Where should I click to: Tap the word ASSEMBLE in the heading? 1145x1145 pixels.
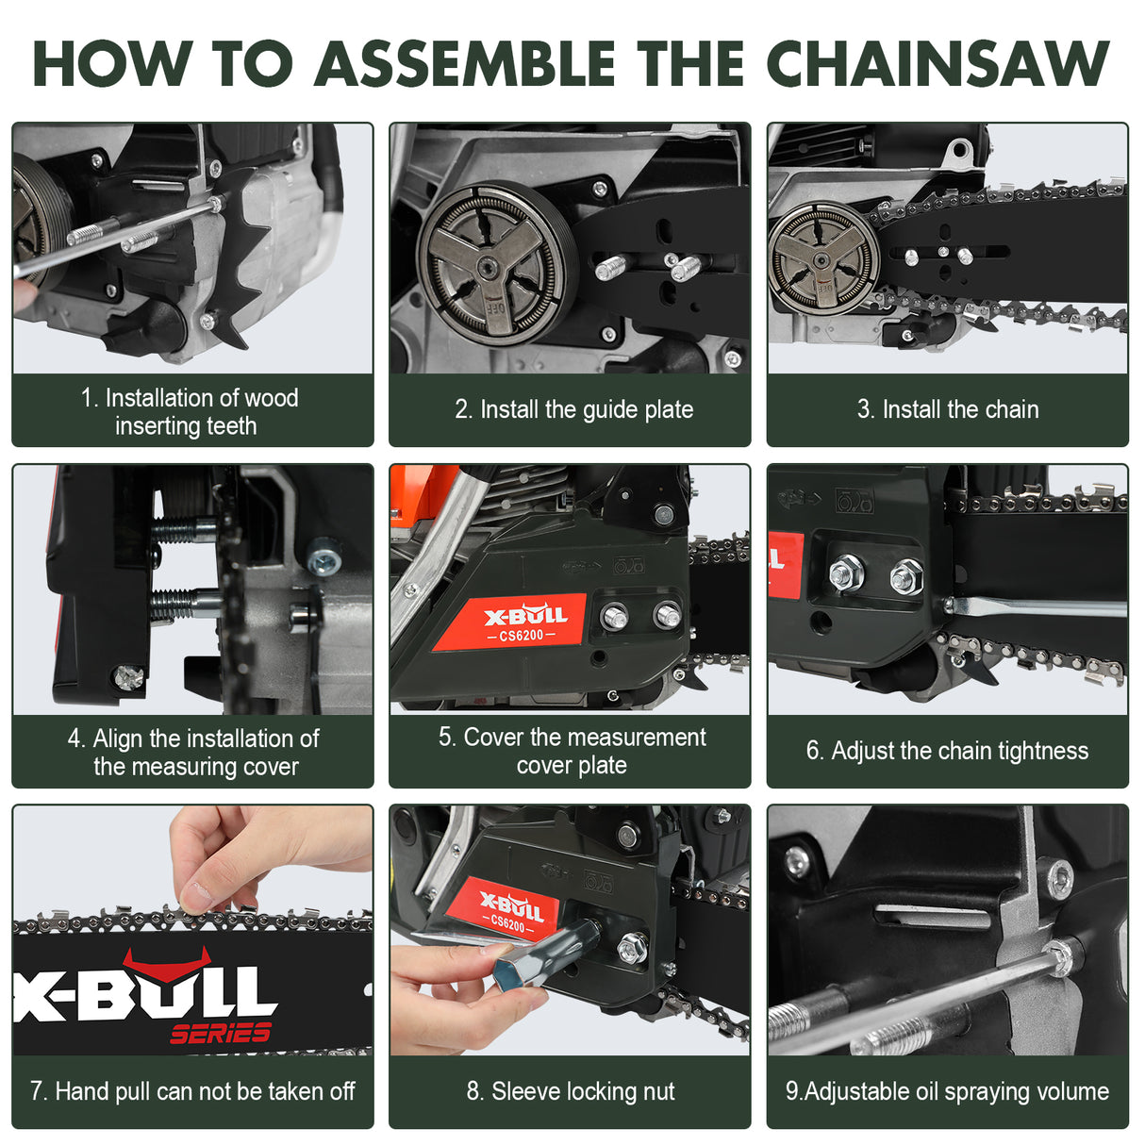[x=464, y=64]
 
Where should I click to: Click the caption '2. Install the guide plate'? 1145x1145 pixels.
[x=573, y=409]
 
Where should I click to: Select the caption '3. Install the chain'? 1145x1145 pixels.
[x=947, y=409]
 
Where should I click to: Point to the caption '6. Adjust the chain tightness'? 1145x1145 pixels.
[x=947, y=751]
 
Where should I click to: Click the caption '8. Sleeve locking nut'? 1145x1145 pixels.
[x=570, y=1091]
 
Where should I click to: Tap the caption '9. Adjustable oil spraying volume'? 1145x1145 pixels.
[x=947, y=1091]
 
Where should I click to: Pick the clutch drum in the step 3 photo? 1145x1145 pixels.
[x=823, y=256]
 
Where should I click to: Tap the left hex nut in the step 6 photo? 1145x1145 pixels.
[x=847, y=572]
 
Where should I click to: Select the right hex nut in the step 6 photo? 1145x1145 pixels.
[x=905, y=576]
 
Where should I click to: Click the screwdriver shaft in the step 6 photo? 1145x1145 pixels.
[x=1037, y=606]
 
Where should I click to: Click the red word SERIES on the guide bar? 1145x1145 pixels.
[x=220, y=1033]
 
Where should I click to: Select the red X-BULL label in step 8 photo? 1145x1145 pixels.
[x=509, y=910]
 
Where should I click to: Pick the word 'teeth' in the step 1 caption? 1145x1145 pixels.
[x=231, y=426]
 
